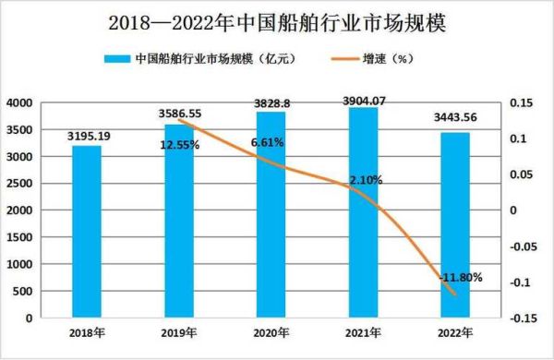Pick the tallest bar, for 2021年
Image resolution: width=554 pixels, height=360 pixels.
click(x=363, y=212)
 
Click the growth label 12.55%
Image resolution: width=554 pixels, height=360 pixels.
click(x=179, y=144)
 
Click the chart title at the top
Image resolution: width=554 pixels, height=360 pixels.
click(x=276, y=21)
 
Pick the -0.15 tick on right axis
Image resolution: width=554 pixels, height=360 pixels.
click(x=524, y=318)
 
